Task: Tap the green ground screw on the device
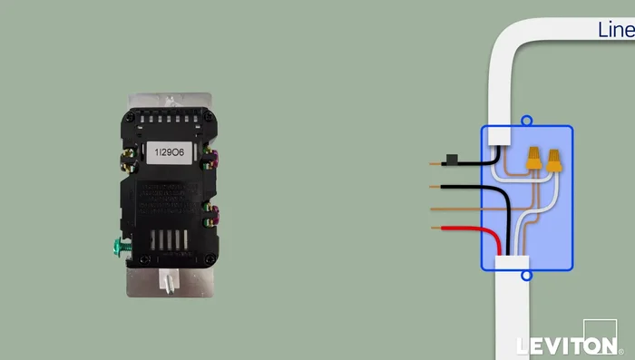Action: tap(118, 244)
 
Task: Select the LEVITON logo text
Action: tap(565, 345)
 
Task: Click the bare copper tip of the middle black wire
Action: tap(436, 188)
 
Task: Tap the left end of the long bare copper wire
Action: tap(434, 209)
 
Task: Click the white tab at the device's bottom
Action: tap(170, 280)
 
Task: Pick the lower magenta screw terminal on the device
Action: tap(214, 218)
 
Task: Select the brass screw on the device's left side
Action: tap(122, 163)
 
